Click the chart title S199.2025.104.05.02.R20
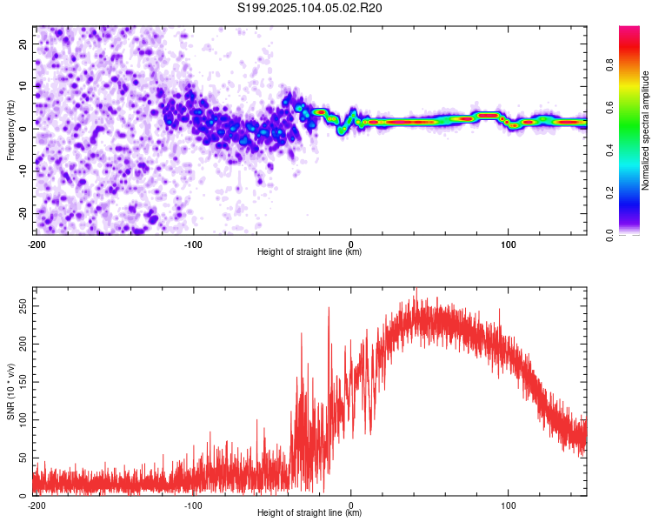click(309, 8)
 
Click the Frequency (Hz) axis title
click(10, 130)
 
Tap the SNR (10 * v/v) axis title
click(10, 391)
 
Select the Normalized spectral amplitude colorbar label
click(645, 130)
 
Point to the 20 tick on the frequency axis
click(23, 43)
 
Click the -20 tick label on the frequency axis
click(23, 214)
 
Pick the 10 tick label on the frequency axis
click(23, 86)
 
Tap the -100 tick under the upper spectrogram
click(193, 244)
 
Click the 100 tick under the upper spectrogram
click(509, 244)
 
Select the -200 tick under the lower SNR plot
click(37, 505)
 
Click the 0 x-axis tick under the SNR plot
click(351, 505)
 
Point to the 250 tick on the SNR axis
click(23, 306)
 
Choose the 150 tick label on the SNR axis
click(23, 382)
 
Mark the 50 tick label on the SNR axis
click(23, 458)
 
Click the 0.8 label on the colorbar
click(609, 65)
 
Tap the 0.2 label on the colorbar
click(609, 193)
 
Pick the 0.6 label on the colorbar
click(609, 107)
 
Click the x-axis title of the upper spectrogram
click(309, 251)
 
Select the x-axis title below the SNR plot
click(309, 512)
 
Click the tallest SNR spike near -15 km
click(329, 309)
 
